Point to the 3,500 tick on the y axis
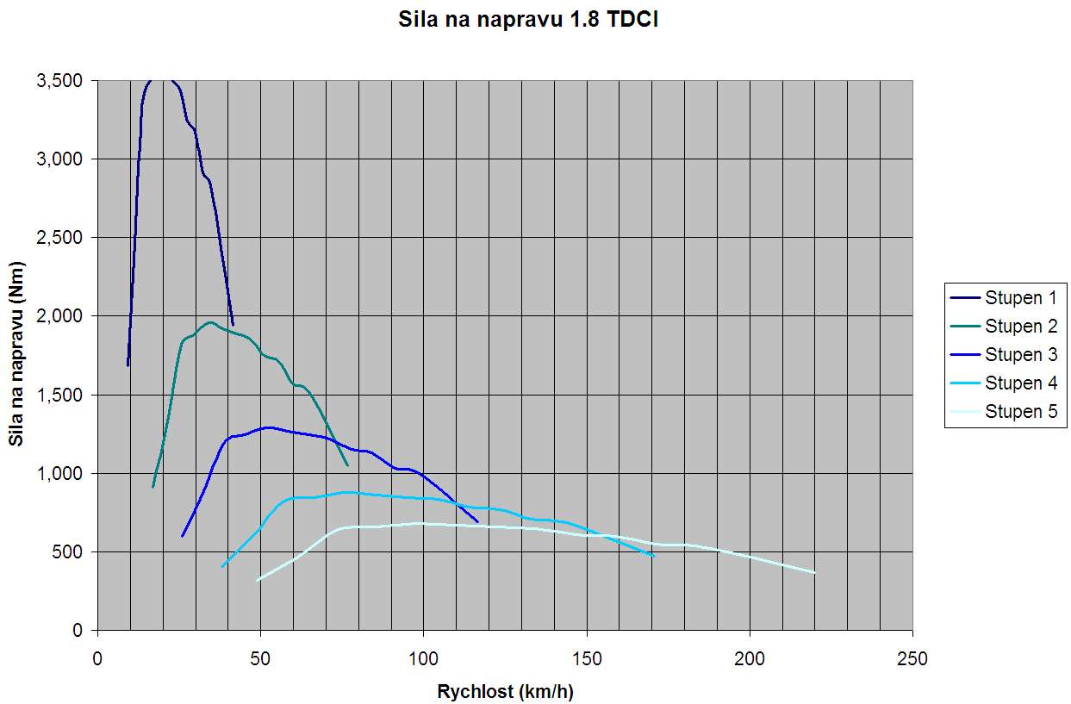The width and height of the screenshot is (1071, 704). pos(59,81)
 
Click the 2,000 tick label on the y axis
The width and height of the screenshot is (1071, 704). pos(59,316)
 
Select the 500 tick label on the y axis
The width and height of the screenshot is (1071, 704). pos(68,552)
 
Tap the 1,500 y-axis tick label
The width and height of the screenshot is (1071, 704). pos(59,396)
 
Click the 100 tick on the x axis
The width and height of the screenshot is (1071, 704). pos(423,660)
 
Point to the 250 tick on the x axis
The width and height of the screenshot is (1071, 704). pos(912,660)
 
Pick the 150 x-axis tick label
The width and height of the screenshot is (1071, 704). pos(586,660)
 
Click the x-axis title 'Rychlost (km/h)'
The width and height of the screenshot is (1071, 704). pos(505,690)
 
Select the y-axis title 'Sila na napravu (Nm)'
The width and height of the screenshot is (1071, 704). pos(16,355)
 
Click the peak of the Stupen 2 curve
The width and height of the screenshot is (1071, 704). pos(210,322)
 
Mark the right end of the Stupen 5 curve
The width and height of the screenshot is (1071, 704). pos(814,573)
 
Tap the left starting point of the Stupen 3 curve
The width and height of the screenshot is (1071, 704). pos(182,536)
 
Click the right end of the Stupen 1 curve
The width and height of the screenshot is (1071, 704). pos(233,325)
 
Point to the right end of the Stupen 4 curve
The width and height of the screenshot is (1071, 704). pos(654,557)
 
